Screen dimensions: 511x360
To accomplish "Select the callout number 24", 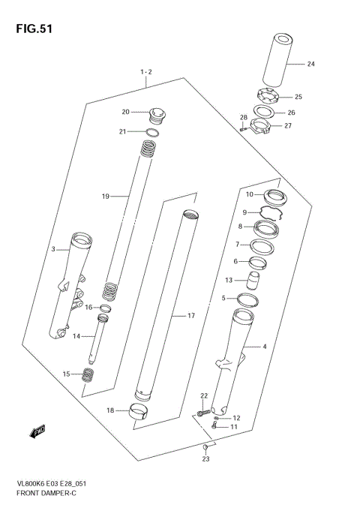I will tap(311, 65).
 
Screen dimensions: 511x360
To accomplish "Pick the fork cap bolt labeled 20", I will tap(157, 114).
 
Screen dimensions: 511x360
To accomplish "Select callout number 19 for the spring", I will tap(106, 197).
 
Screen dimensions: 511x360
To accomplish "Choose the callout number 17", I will tap(190, 316).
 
